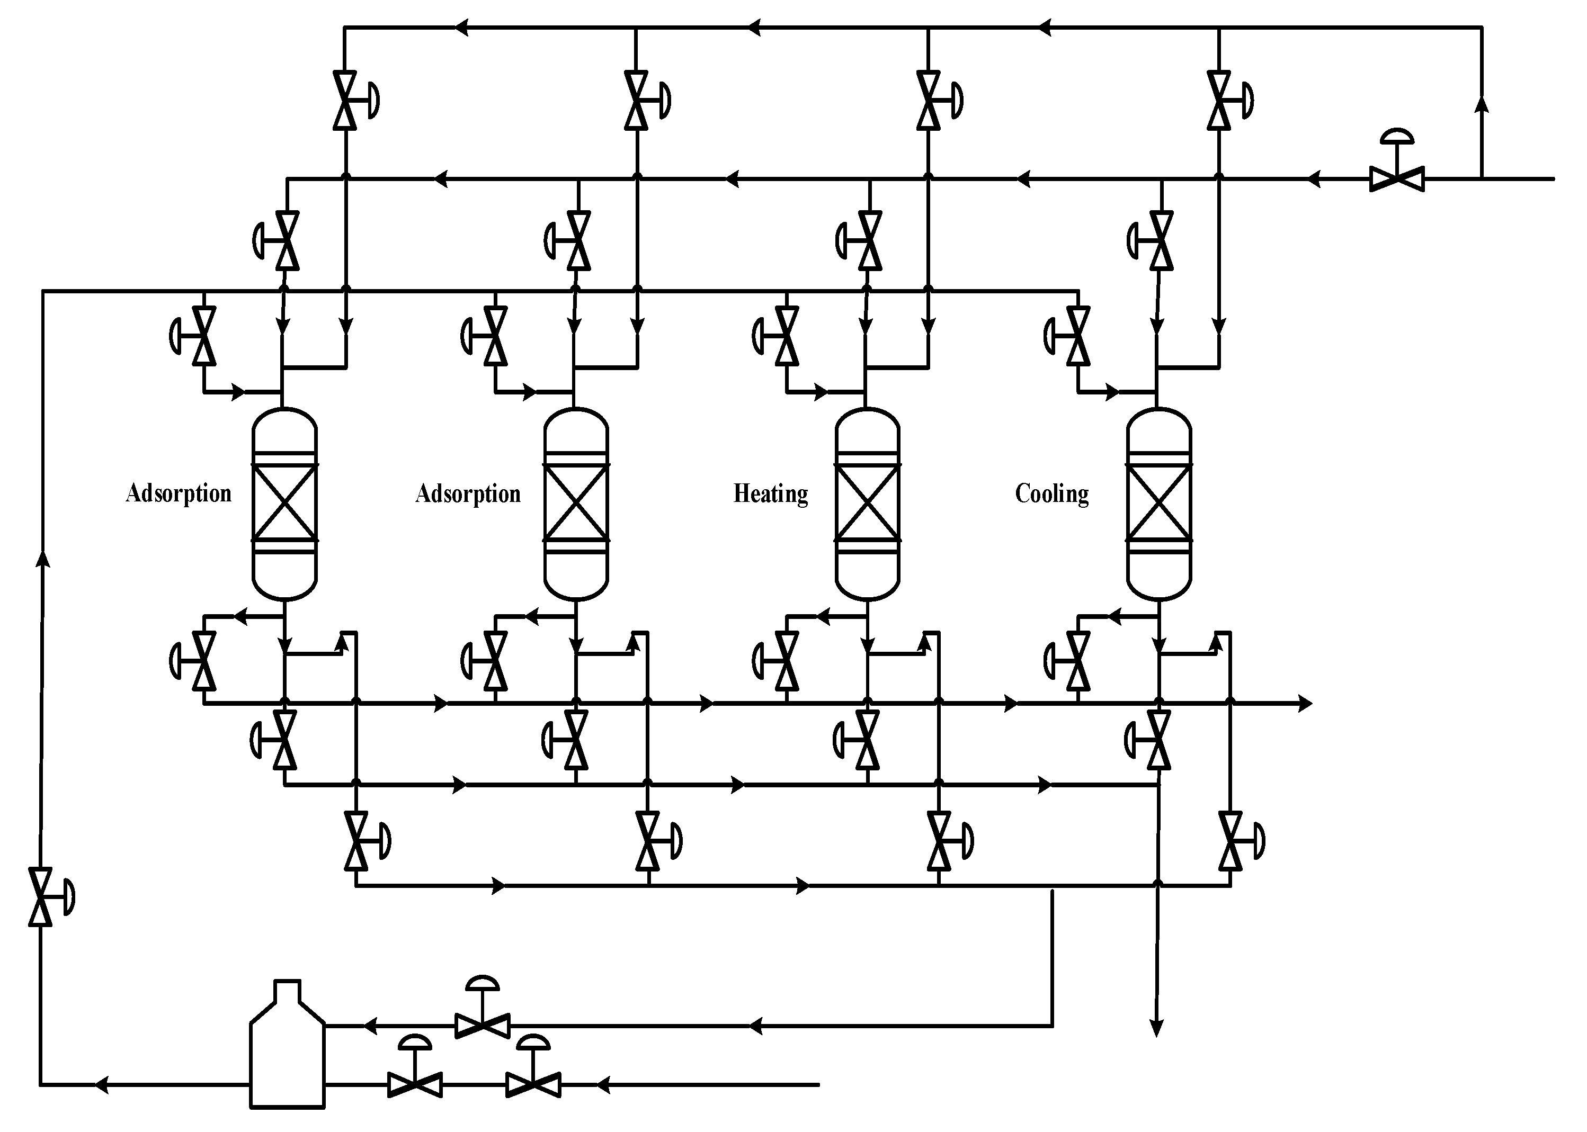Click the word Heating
(x=771, y=493)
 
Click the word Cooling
(x=1051, y=493)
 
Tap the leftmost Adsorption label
(x=179, y=493)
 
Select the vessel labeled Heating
(x=868, y=504)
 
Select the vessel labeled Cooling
(x=1159, y=504)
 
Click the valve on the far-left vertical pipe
(x=41, y=896)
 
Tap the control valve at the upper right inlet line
(x=1397, y=178)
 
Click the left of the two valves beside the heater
(x=415, y=1084)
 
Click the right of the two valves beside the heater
(x=533, y=1084)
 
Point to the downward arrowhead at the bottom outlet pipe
(x=1157, y=1028)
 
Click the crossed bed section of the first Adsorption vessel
(x=284, y=502)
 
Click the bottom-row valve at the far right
(x=1230, y=841)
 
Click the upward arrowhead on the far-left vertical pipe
(x=43, y=559)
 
